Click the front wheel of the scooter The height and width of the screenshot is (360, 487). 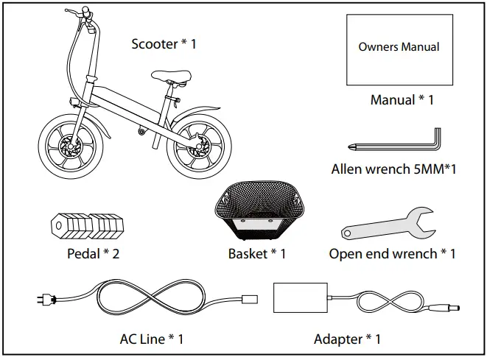[67, 145]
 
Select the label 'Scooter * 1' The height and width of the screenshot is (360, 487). [164, 44]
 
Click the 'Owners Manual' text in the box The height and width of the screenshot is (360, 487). [399, 46]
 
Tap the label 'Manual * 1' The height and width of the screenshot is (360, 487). [402, 99]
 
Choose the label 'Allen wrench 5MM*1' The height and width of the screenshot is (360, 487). [394, 169]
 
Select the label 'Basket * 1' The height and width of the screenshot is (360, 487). [256, 254]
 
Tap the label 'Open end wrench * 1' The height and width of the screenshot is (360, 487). [392, 254]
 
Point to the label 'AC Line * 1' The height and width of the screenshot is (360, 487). [151, 339]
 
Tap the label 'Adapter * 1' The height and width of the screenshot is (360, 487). [347, 339]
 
